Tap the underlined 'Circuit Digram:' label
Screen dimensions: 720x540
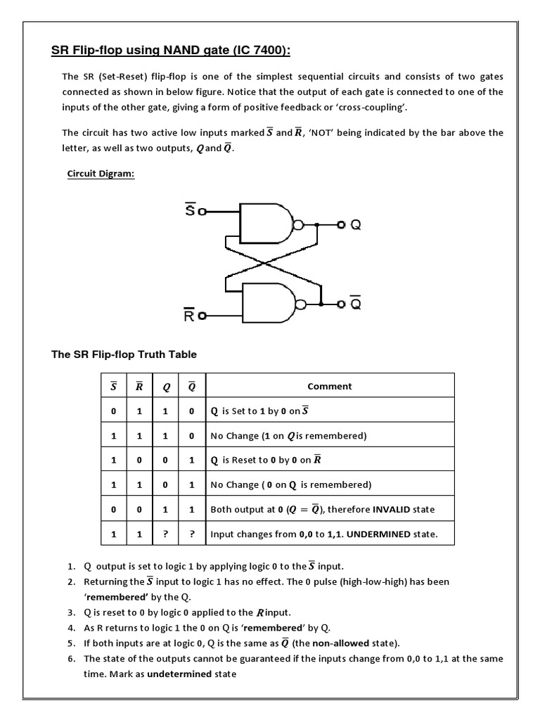tap(101, 174)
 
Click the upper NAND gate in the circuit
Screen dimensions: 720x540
tap(265, 224)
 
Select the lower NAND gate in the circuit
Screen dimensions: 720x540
tap(267, 304)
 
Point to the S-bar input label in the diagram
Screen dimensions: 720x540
tap(190, 209)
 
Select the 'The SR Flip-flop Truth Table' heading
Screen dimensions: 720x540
tap(124, 355)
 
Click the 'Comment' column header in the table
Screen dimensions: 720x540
tap(330, 386)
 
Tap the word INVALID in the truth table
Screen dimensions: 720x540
tap(394, 509)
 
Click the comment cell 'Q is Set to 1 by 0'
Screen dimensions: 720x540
tap(260, 411)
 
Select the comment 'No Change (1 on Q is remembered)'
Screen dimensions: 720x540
tap(289, 436)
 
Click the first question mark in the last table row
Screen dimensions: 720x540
tap(166, 534)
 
